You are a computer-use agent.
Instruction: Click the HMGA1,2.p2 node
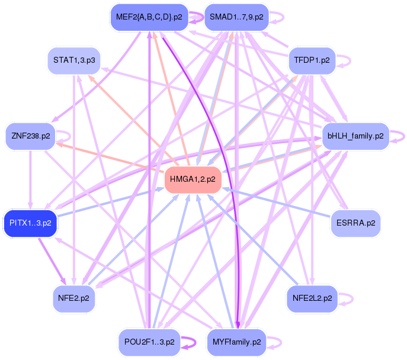coord(192,179)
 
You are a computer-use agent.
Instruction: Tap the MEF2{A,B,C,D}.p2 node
coord(149,17)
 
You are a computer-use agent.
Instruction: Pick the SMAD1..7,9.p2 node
coord(236,17)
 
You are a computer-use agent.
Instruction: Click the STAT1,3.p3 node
coord(73,60)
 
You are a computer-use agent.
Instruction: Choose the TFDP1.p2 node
coord(312,60)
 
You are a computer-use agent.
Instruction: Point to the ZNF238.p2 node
coord(30,136)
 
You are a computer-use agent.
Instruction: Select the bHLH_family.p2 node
coord(355,136)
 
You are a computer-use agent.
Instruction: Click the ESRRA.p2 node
coord(355,223)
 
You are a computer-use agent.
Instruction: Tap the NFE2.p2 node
coord(73,298)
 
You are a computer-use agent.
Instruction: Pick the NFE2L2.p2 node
coord(312,298)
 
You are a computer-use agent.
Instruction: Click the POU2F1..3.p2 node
coord(149,342)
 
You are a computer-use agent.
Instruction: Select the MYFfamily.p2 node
coord(236,342)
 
